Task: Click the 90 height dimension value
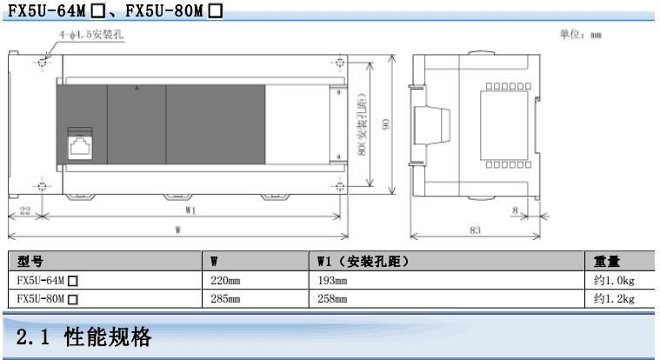coord(395,123)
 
